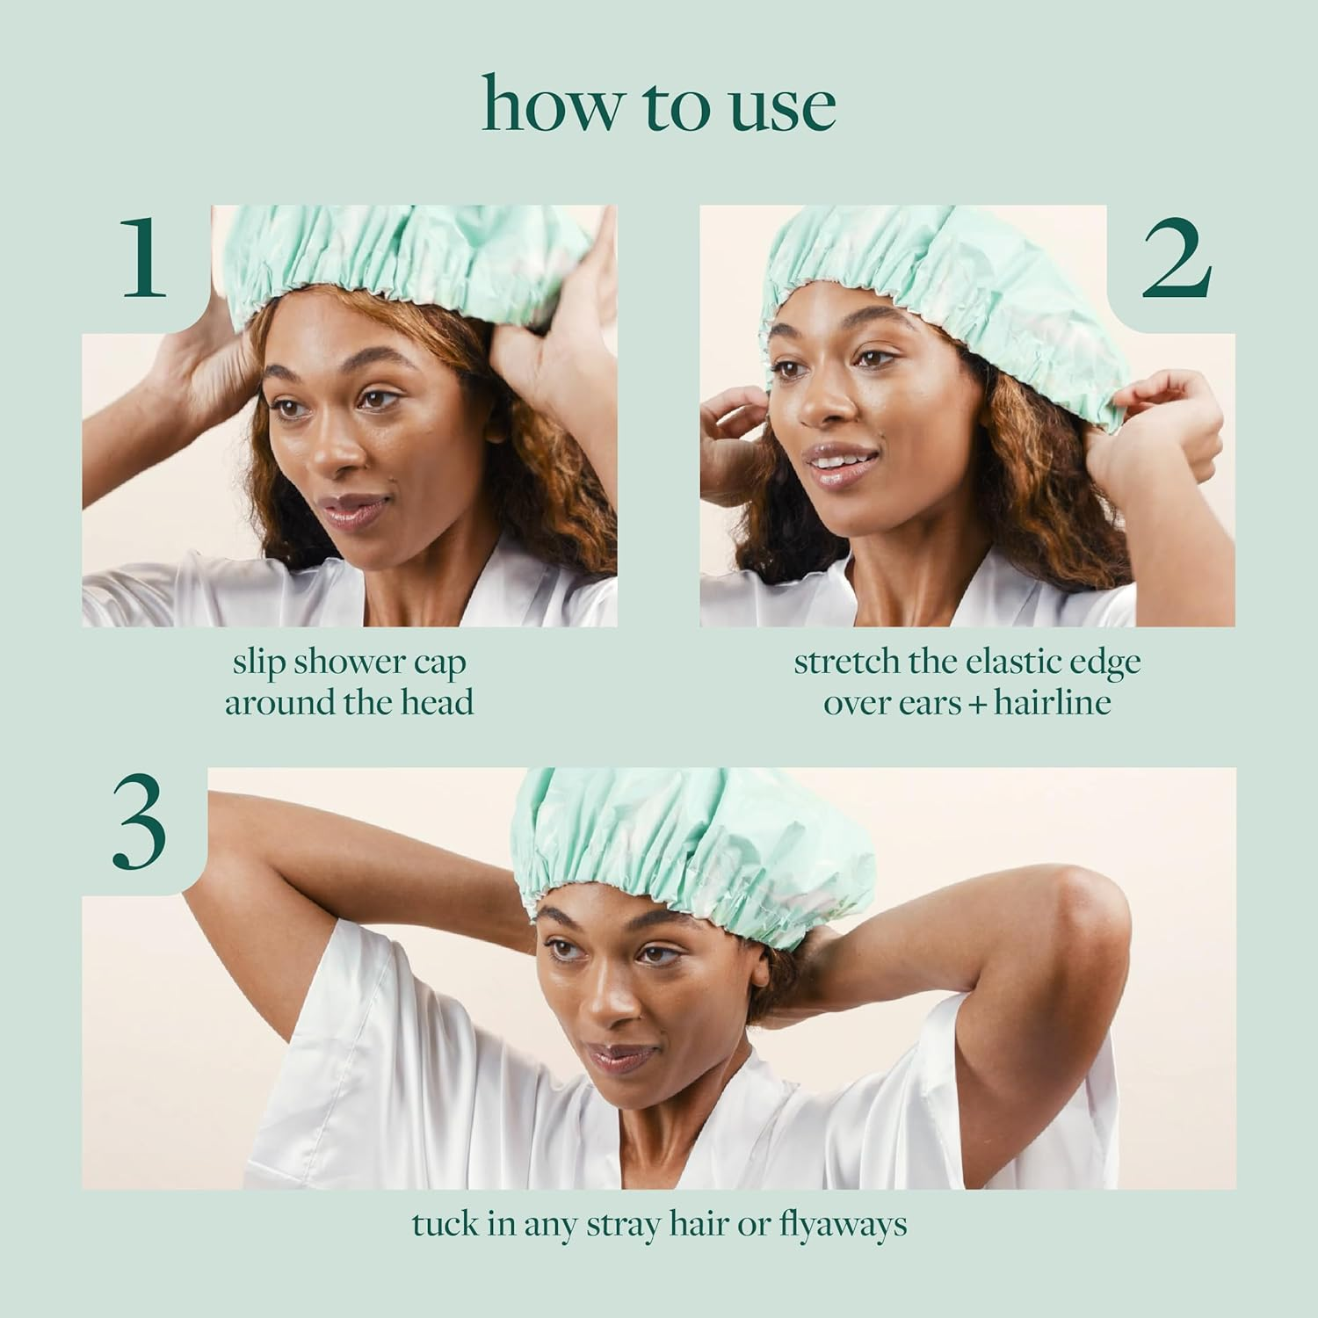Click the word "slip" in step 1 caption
click(259, 663)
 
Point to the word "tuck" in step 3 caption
click(445, 1224)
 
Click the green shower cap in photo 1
click(413, 250)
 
